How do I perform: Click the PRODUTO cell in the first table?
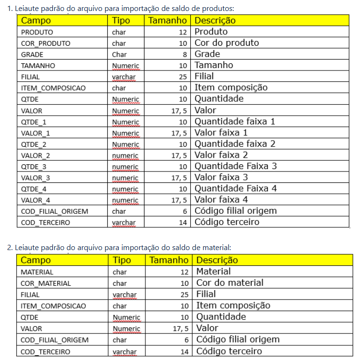[x=37, y=32]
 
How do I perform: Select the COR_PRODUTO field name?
[x=45, y=43]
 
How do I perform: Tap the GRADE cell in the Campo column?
[x=32, y=54]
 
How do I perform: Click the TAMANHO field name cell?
[x=38, y=66]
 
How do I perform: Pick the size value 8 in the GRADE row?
[x=185, y=54]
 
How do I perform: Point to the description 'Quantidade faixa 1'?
[x=235, y=121]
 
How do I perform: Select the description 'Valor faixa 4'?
[x=221, y=200]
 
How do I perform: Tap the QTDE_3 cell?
[x=33, y=166]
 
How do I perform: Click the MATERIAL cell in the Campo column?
[x=37, y=272]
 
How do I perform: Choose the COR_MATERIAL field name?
[x=46, y=283]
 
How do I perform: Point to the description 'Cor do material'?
[x=230, y=283]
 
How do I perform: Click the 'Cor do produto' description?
[x=226, y=43]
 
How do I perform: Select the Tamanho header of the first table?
[x=167, y=20]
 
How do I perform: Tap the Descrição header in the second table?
[x=217, y=261]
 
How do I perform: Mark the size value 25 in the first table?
[x=183, y=77]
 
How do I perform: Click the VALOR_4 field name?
[x=35, y=200]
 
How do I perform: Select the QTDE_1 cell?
[x=33, y=122]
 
